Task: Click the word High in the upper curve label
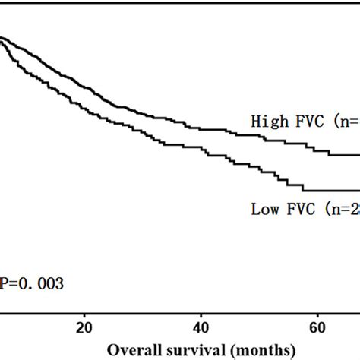pyautogui.click(x=267, y=121)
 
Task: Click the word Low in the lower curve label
pyautogui.click(x=264, y=209)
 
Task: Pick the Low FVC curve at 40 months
pyautogui.click(x=201, y=152)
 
